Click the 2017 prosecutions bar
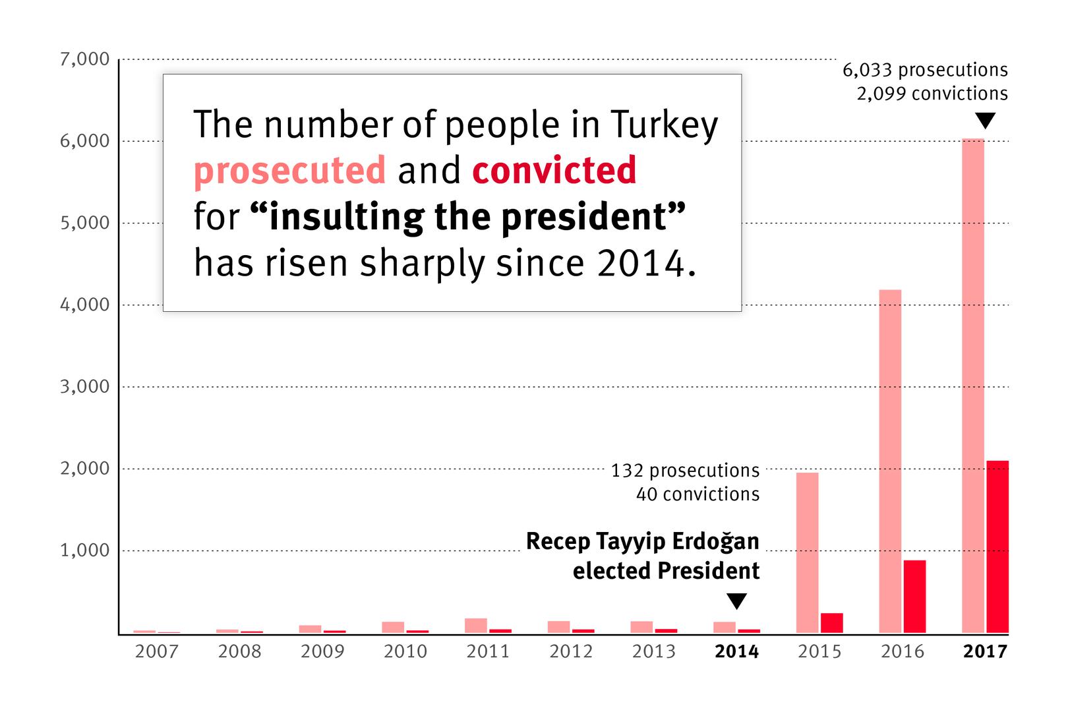pos(973,386)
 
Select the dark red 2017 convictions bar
pos(997,547)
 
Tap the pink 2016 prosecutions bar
pos(890,461)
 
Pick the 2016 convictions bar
pos(914,596)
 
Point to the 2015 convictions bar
pos(831,622)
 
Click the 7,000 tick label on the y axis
pos(84,59)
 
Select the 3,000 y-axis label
pos(84,386)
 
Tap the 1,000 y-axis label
pos(84,550)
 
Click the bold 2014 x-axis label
pos(737,652)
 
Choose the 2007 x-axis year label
pos(156,652)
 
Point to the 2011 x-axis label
pos(488,652)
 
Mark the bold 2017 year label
pos(986,652)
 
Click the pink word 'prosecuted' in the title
pos(289,171)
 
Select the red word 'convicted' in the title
pos(554,171)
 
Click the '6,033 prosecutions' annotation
pos(925,70)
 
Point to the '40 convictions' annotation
pos(697,494)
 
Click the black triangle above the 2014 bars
pos(737,601)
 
